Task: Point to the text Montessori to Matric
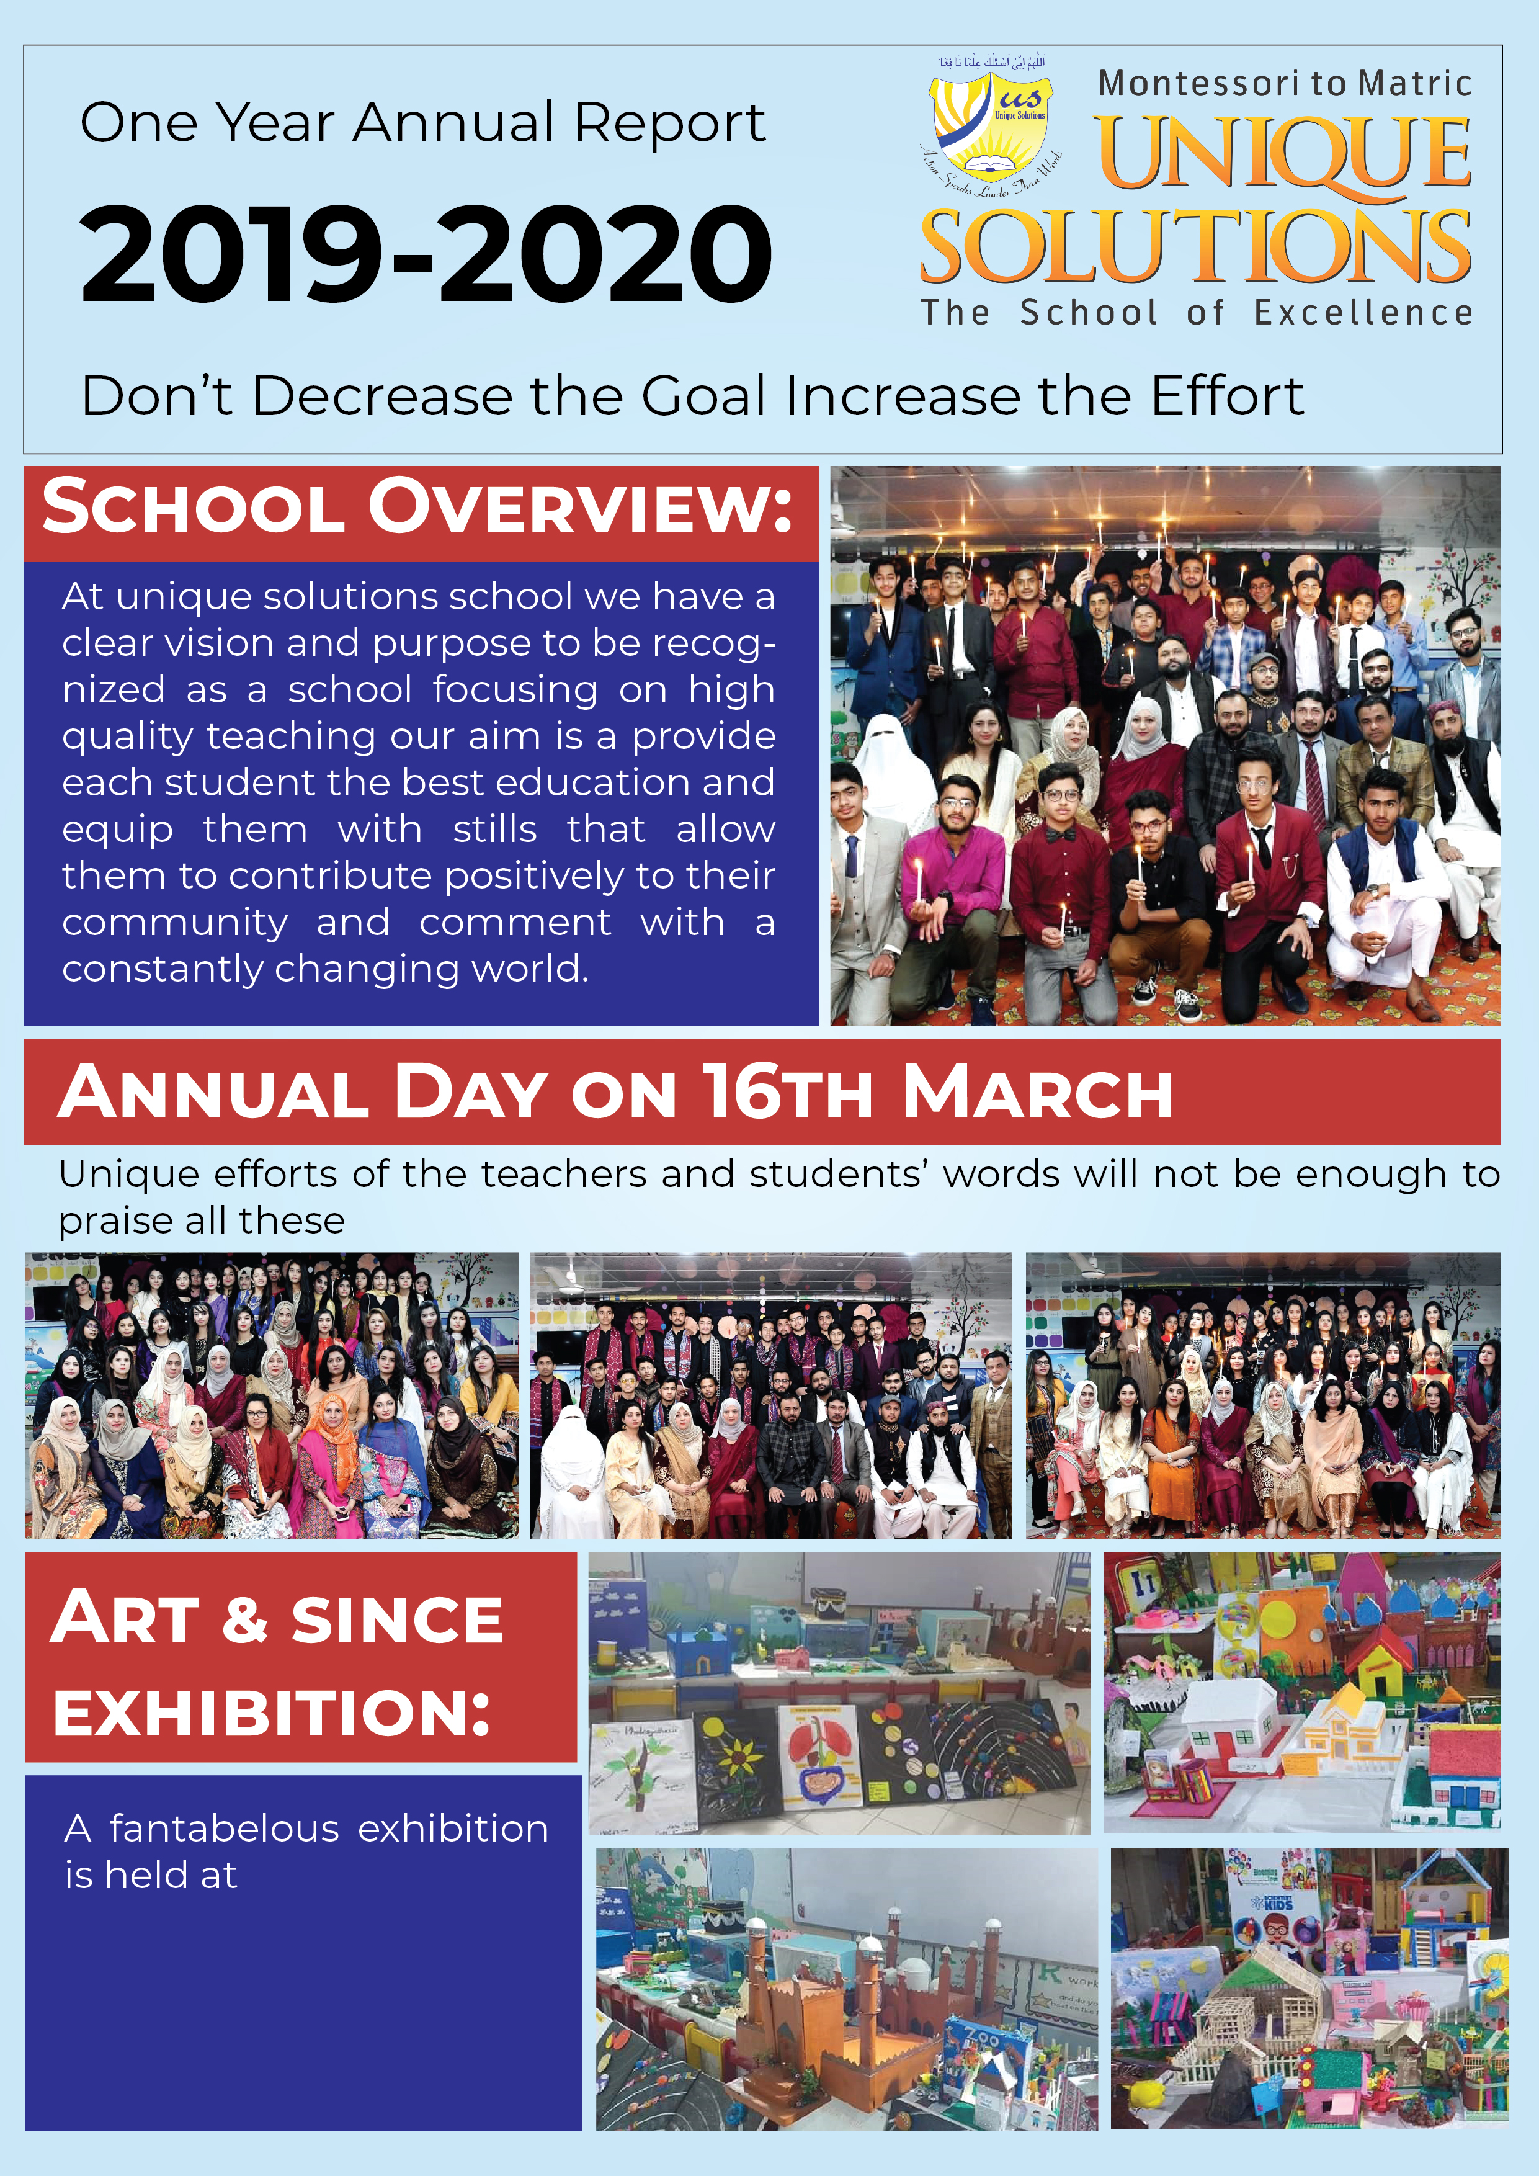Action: pos(1284,83)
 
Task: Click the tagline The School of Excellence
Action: pos(1196,313)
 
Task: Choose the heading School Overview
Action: pos(417,508)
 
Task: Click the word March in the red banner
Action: pos(1038,1092)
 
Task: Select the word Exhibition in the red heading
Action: pos(272,1713)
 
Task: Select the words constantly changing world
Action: pos(325,969)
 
